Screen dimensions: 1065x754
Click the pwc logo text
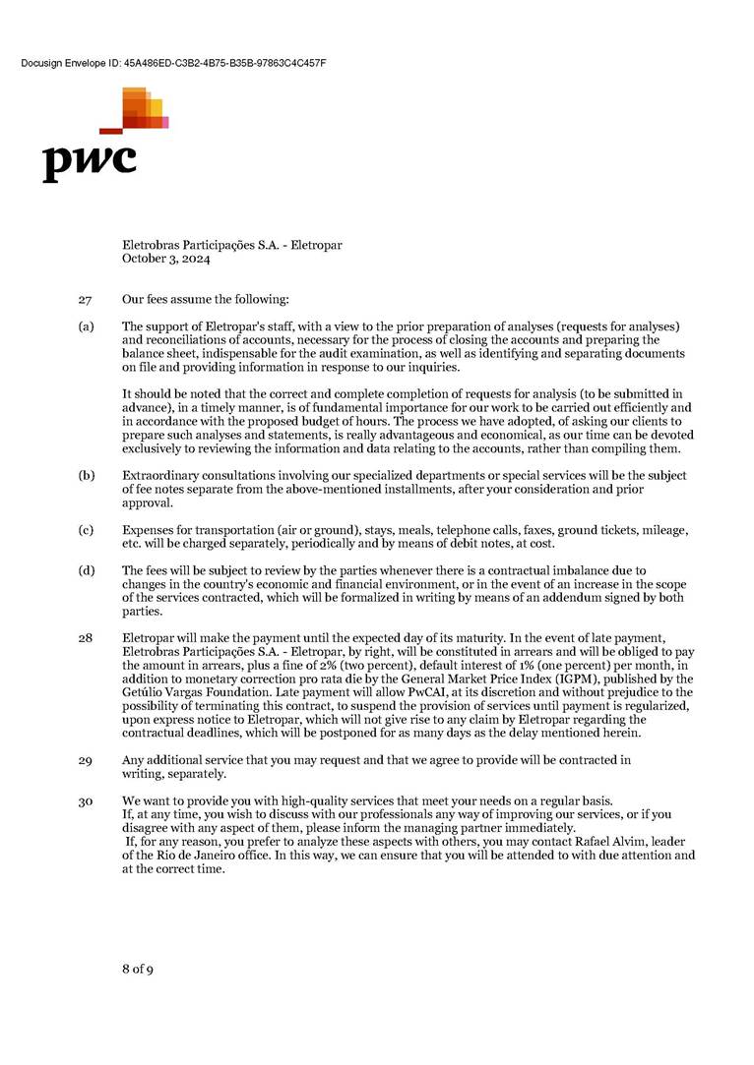point(89,160)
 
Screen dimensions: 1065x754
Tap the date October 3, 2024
point(165,260)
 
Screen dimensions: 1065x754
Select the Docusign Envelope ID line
point(172,63)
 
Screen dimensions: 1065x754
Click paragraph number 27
point(84,299)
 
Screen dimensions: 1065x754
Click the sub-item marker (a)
point(86,325)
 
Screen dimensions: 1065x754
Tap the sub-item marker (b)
point(86,476)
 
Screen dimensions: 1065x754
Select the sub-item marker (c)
point(86,530)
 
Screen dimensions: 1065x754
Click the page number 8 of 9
point(138,970)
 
